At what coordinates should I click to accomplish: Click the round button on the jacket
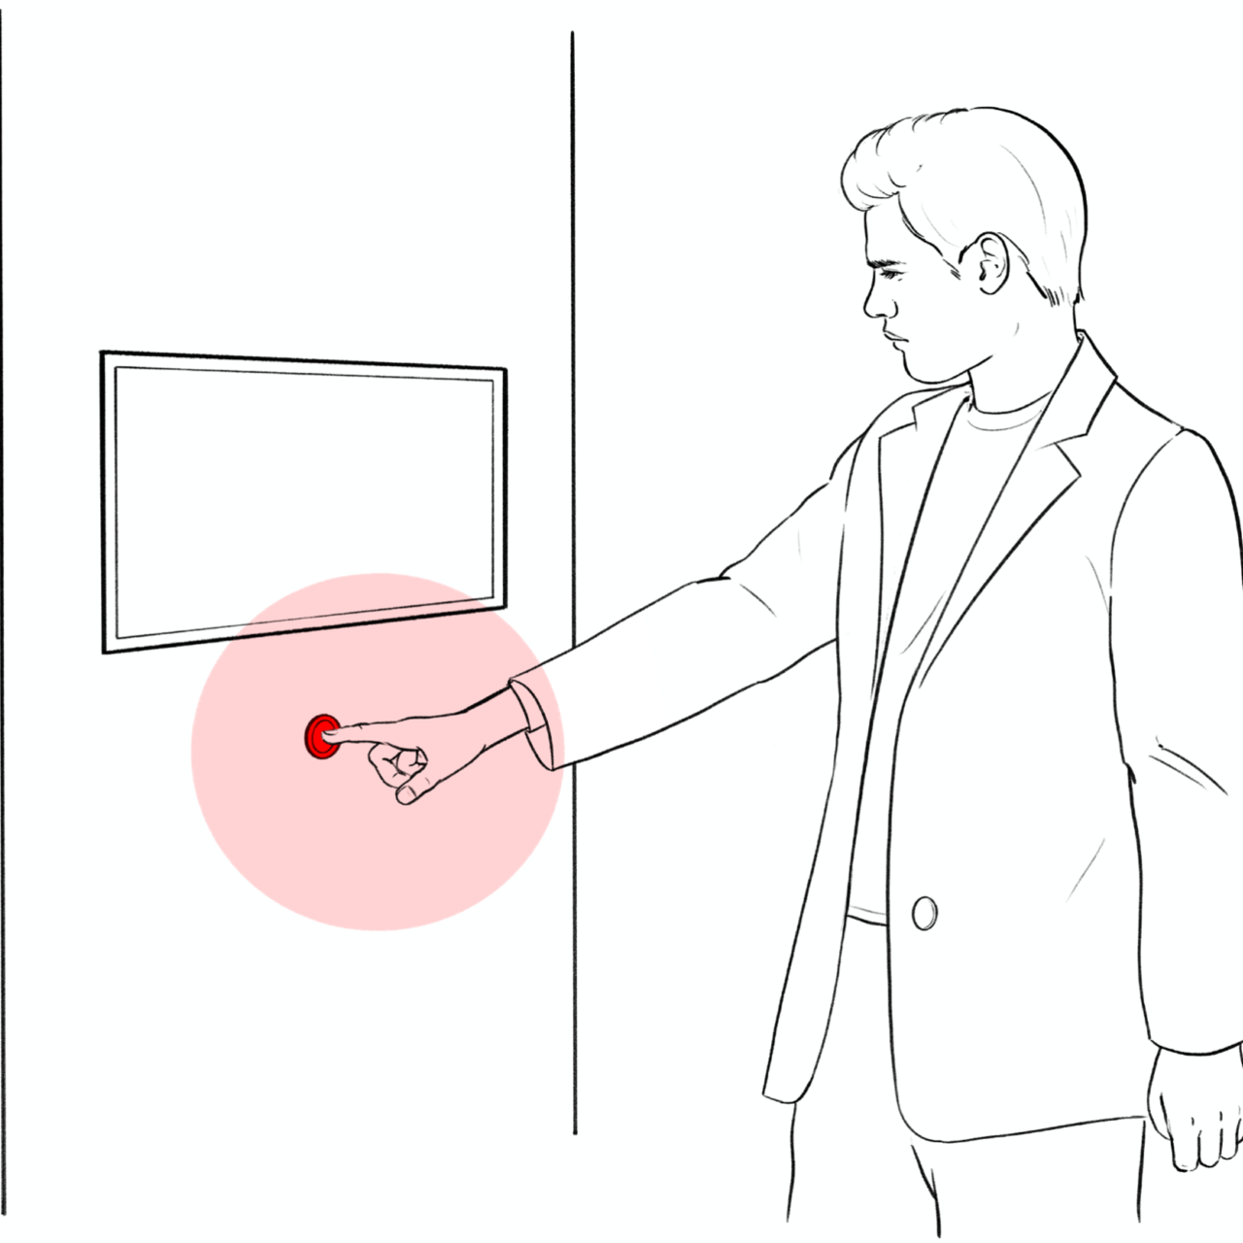click(x=924, y=913)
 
